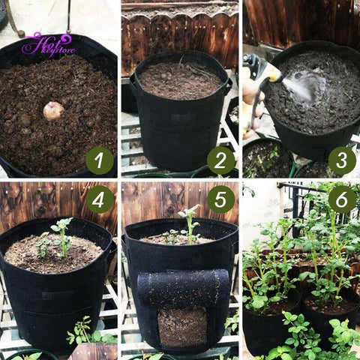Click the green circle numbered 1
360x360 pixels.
(100, 160)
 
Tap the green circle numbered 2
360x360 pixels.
(220, 160)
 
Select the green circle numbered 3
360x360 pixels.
(342, 160)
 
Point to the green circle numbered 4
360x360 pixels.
(100, 199)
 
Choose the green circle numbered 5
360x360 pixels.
(220, 199)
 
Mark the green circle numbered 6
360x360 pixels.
(342, 199)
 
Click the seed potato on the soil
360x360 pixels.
(53, 111)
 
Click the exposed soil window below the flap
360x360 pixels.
(182, 326)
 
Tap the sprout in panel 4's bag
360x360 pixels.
(60, 236)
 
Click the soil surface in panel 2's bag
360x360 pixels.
(180, 79)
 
